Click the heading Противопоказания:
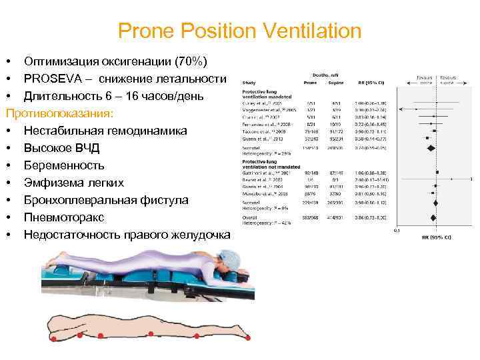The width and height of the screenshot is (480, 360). (x=59, y=113)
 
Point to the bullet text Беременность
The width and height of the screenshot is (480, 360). (x=64, y=165)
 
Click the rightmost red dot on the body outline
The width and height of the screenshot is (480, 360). (x=248, y=339)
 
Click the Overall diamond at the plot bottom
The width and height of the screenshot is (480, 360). (x=434, y=217)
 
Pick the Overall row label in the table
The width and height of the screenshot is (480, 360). (x=250, y=216)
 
